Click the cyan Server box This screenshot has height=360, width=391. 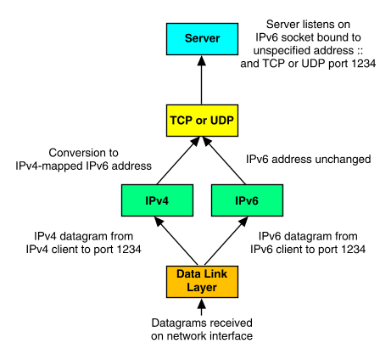[202, 39]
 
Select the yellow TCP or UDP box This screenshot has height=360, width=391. [202, 121]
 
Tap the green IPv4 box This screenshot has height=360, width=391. [157, 200]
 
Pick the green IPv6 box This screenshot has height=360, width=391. [247, 200]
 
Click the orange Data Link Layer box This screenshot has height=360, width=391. [202, 282]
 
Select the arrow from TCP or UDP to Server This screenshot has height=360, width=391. [202, 80]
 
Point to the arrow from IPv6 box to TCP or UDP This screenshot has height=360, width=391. [225, 160]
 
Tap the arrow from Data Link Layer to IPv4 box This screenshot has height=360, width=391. [176, 241]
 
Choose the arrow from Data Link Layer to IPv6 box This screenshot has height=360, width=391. [226, 241]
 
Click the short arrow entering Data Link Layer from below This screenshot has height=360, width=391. [202, 307]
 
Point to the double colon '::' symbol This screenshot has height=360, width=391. [360, 51]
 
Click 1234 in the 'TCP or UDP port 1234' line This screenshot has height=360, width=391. [364, 64]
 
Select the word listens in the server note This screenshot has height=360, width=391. [318, 25]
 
